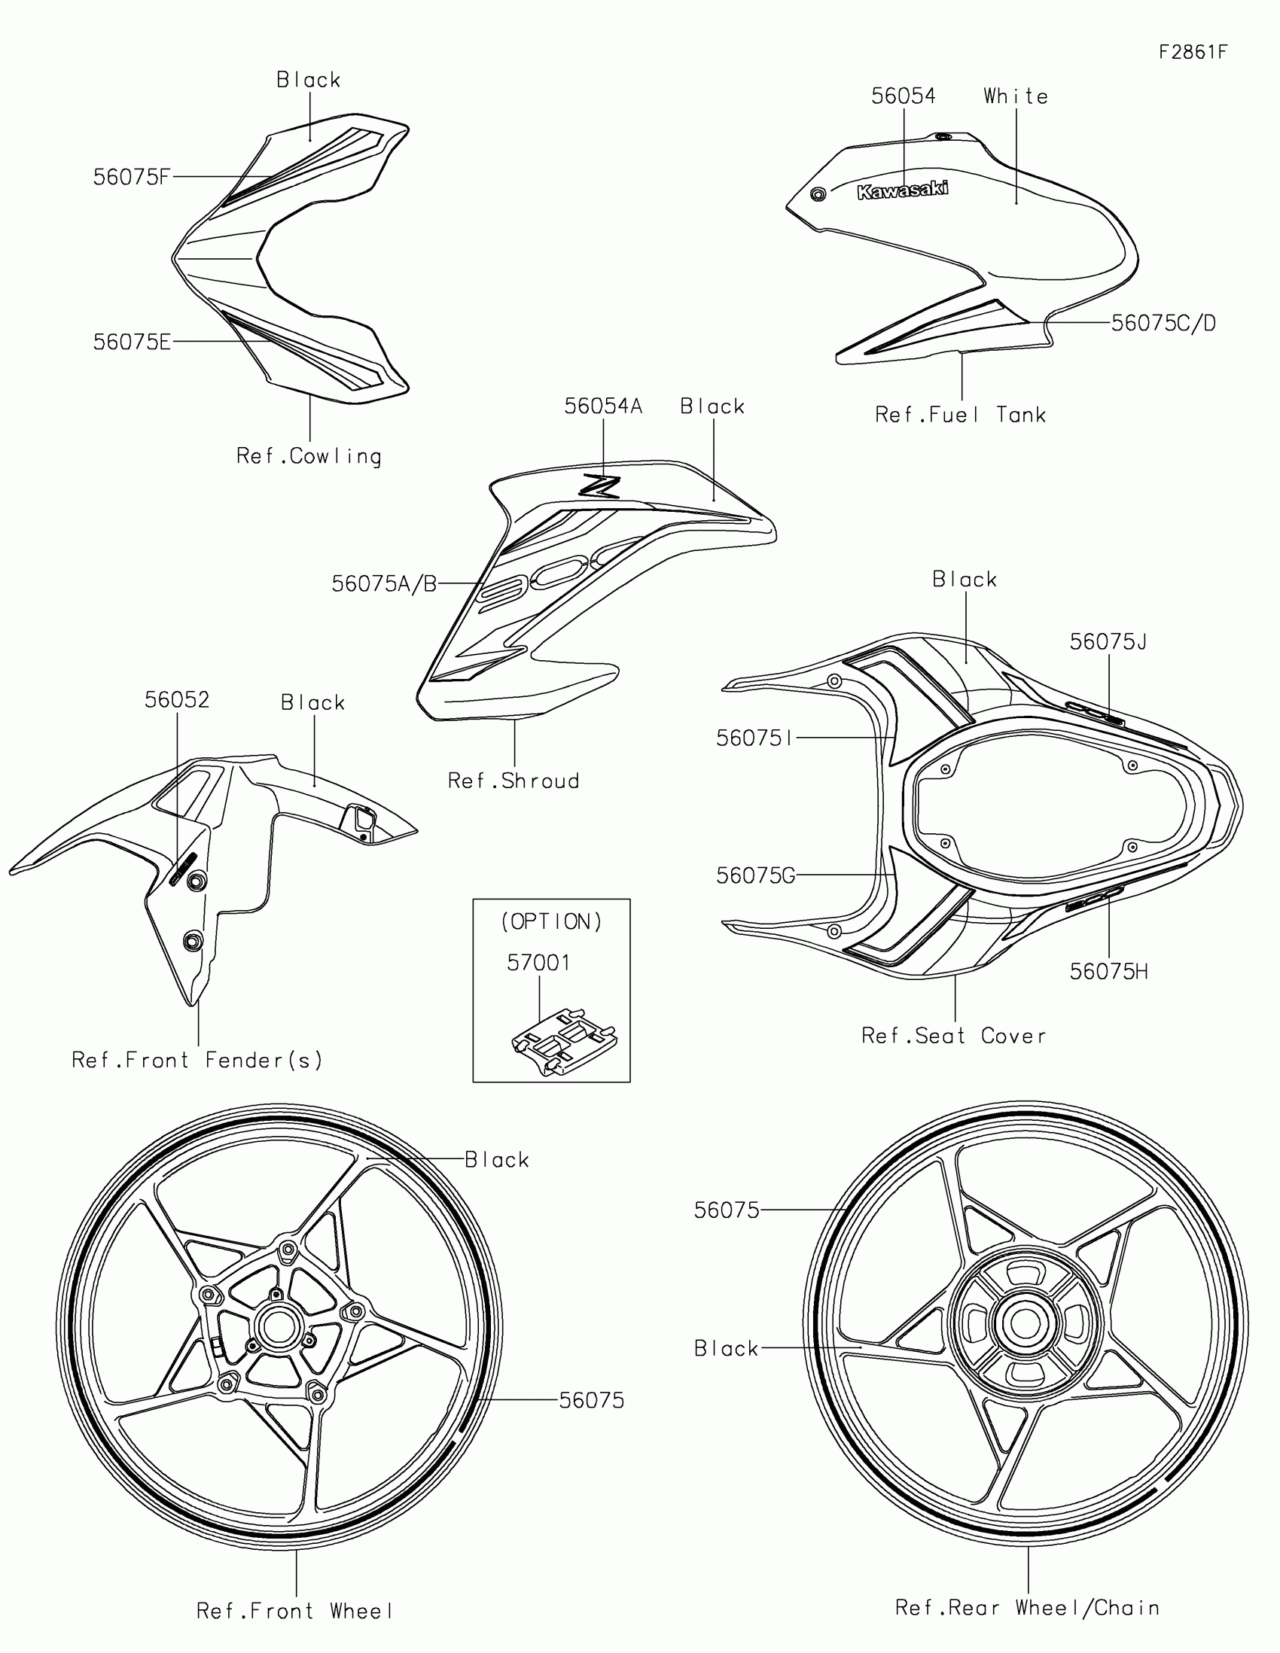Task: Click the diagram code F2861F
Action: (x=1193, y=52)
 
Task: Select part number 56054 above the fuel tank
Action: (x=903, y=96)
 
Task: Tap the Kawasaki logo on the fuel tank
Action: (x=902, y=190)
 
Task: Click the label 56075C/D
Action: (x=1163, y=323)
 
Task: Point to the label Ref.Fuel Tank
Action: (x=961, y=415)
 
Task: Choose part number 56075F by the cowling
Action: (x=132, y=177)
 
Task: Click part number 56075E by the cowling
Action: (x=132, y=342)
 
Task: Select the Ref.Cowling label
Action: (x=309, y=456)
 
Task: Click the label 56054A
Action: (x=602, y=406)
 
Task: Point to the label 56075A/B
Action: (x=385, y=584)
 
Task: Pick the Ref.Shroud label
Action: (x=514, y=781)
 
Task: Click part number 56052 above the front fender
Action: (x=177, y=700)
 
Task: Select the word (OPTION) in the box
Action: (x=551, y=922)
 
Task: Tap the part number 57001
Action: (x=538, y=963)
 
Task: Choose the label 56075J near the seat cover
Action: (x=1108, y=642)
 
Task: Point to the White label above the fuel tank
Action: (x=1016, y=96)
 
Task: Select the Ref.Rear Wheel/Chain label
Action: (x=1027, y=1608)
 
